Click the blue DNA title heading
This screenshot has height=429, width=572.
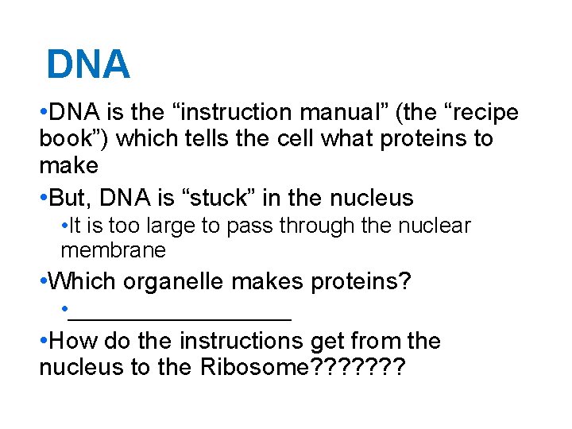point(87,64)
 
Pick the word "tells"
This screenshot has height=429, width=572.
point(203,139)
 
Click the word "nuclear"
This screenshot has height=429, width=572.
point(434,226)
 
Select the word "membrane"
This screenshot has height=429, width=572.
point(113,250)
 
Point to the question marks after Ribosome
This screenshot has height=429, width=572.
point(361,368)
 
